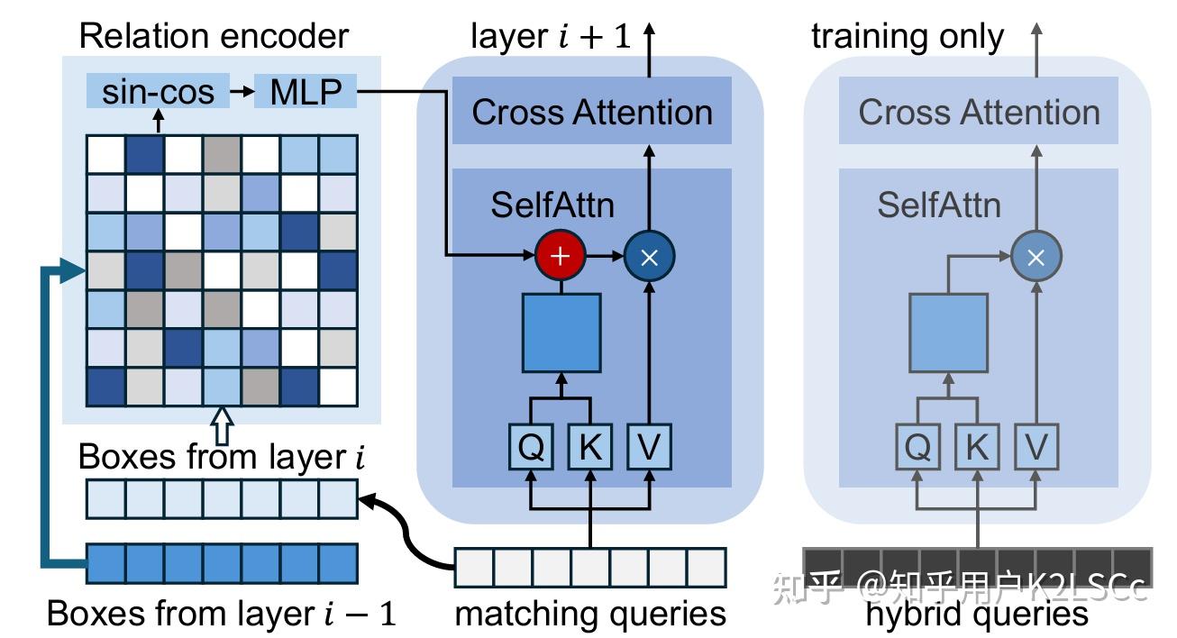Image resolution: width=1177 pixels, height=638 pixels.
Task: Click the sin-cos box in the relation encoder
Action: (158, 92)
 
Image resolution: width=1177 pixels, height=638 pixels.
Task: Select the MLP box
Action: (305, 92)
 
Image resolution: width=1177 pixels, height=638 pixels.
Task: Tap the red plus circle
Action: (561, 256)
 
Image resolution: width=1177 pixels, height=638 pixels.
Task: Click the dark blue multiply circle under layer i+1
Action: (649, 256)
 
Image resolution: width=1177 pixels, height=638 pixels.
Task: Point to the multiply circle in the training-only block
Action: (1036, 258)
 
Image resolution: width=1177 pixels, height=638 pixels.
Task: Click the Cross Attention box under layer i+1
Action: (592, 112)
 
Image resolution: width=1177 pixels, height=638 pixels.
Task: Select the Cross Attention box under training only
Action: (979, 112)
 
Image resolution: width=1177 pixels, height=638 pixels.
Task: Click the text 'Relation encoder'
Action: (214, 36)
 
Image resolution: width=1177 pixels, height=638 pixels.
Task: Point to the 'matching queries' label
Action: (590, 614)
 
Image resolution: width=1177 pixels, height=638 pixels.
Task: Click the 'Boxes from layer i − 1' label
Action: (221, 614)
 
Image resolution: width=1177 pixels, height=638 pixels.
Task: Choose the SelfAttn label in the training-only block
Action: (939, 205)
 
